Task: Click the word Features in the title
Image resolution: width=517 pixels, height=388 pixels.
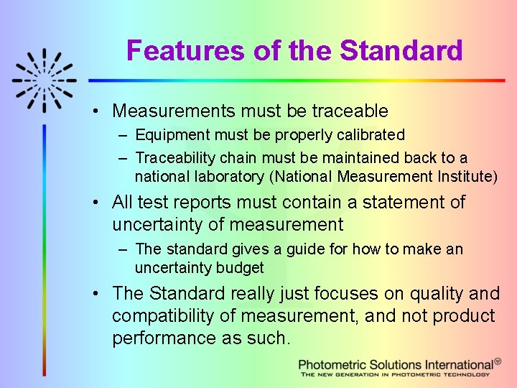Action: pyautogui.click(x=186, y=51)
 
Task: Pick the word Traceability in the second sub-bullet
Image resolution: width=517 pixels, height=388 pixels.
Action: pyautogui.click(x=175, y=157)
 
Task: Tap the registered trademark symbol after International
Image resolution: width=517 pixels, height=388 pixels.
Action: pyautogui.click(x=498, y=362)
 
